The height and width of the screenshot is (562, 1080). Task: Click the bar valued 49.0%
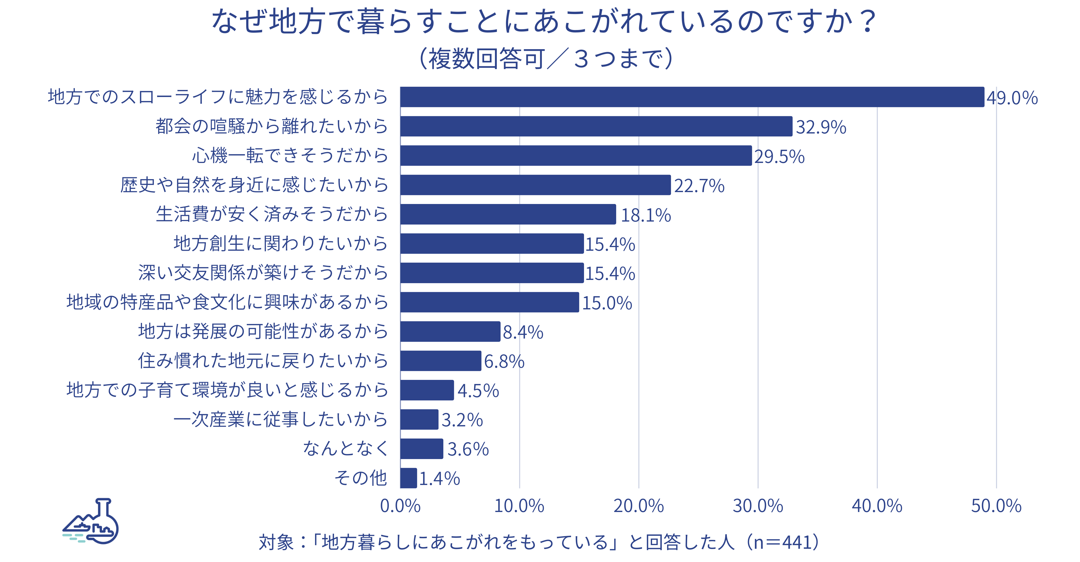pyautogui.click(x=692, y=97)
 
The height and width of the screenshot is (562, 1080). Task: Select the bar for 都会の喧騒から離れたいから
pyautogui.click(x=596, y=126)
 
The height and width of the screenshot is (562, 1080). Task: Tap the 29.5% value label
pyautogui.click(x=779, y=156)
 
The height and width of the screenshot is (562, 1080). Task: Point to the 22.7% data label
pyautogui.click(x=699, y=186)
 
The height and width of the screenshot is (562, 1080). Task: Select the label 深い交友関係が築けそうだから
pyautogui.click(x=263, y=273)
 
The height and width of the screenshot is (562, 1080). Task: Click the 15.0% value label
pyautogui.click(x=607, y=303)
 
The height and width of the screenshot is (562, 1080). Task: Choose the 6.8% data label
pyautogui.click(x=504, y=362)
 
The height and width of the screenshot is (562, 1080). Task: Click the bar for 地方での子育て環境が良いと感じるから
pyautogui.click(x=427, y=390)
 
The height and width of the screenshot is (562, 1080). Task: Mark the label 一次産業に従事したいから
pyautogui.click(x=281, y=419)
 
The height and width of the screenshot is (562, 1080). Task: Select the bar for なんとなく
pyautogui.click(x=421, y=449)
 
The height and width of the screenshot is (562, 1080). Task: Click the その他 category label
pyautogui.click(x=360, y=478)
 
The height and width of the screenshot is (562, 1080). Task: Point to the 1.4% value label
pyautogui.click(x=439, y=479)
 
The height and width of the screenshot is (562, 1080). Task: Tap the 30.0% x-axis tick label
pyautogui.click(x=758, y=506)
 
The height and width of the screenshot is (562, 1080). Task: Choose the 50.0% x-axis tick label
pyautogui.click(x=996, y=506)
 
